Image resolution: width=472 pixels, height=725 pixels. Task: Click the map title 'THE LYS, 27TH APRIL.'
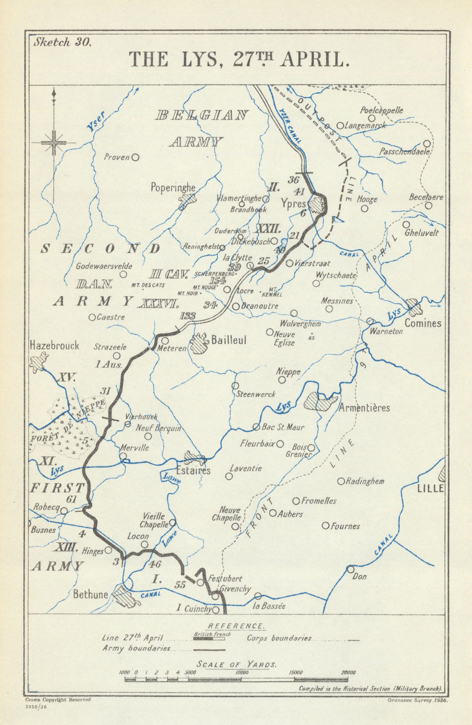[239, 60]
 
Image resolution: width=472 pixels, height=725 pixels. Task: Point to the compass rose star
[54, 141]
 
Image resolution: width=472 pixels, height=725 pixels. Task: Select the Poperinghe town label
[173, 188]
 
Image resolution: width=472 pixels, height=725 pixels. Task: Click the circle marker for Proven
[135, 157]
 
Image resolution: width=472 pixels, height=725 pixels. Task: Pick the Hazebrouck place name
[54, 345]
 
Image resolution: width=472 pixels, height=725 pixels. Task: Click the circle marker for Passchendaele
[427, 143]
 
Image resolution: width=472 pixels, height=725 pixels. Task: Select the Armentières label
[364, 407]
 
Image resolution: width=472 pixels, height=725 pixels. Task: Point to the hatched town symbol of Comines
[414, 307]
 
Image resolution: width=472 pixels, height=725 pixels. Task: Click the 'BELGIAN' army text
[202, 115]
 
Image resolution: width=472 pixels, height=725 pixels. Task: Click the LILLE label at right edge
[430, 488]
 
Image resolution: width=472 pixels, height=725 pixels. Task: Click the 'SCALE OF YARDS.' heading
[236, 664]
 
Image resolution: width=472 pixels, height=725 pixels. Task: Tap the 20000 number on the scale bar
[348, 673]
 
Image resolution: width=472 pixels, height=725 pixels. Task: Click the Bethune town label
[91, 594]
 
